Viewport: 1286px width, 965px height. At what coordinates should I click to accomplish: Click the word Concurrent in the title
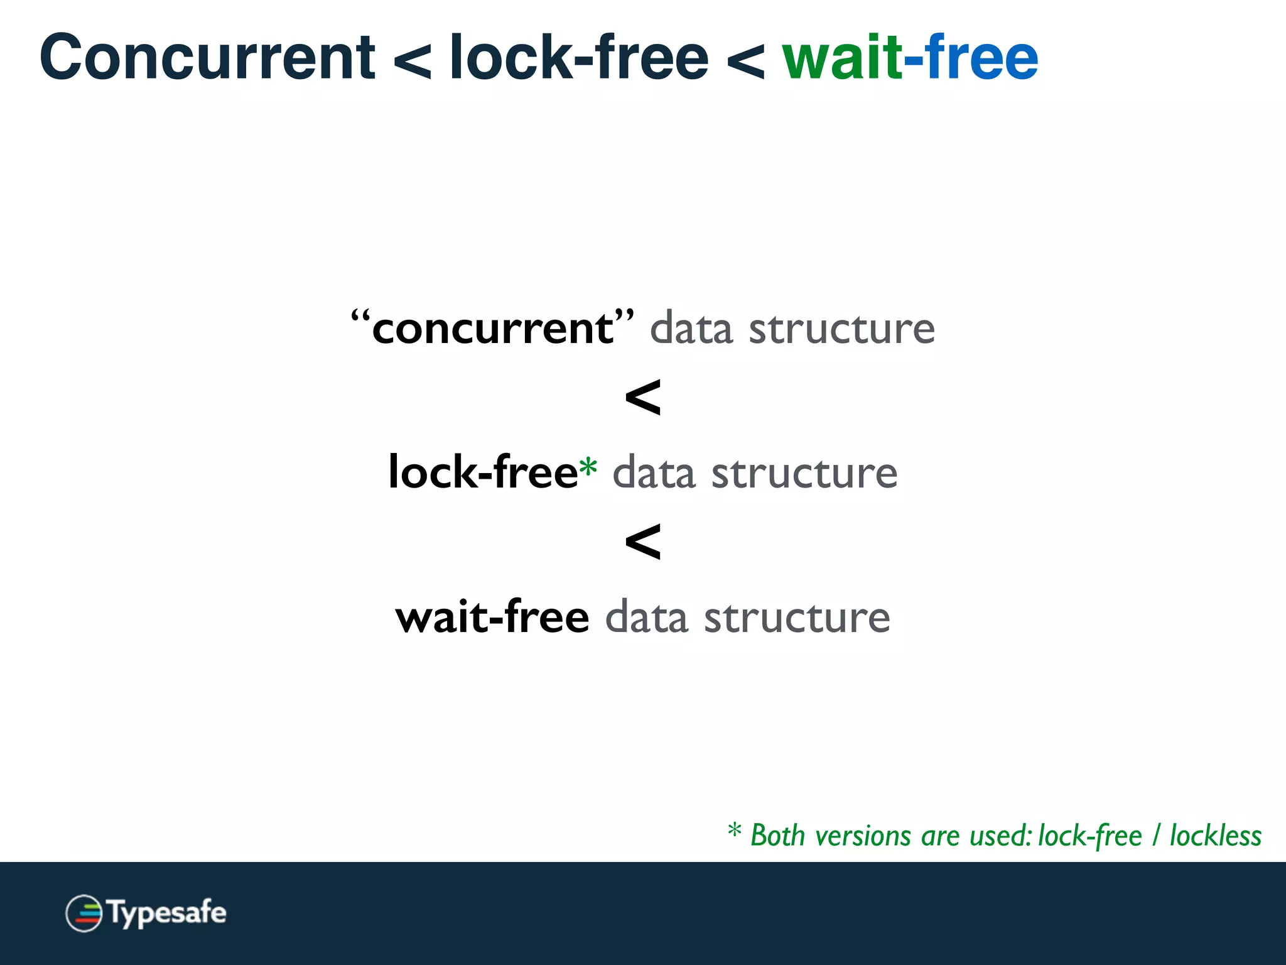(207, 58)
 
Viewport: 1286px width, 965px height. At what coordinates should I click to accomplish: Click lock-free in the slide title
(579, 58)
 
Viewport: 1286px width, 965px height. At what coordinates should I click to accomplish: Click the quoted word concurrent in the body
(492, 328)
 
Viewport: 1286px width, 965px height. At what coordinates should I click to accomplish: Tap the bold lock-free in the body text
(482, 472)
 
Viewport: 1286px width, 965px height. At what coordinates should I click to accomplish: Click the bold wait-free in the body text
(492, 617)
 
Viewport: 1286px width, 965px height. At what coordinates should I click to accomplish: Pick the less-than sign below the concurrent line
(643, 398)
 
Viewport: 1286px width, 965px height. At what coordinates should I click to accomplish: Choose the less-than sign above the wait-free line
(643, 542)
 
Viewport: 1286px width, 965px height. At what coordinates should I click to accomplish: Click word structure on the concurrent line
(841, 329)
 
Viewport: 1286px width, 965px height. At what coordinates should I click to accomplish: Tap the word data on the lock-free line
(654, 474)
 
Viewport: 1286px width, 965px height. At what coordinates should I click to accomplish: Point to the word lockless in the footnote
(1215, 836)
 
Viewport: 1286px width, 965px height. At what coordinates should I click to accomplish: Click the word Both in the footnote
(777, 836)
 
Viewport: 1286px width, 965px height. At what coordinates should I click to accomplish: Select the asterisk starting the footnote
(735, 831)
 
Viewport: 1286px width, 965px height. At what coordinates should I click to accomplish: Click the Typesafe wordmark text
(167, 913)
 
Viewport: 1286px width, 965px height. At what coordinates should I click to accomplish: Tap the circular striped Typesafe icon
(84, 913)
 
